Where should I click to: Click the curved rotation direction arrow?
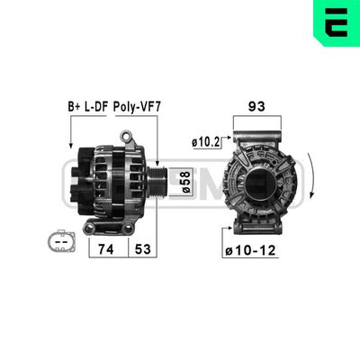click(x=312, y=180)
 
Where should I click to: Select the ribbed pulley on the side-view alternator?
click(x=157, y=185)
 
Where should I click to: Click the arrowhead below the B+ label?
click(x=70, y=148)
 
